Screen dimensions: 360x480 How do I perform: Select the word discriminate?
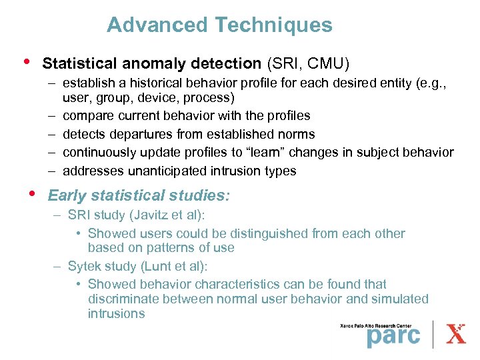pyautogui.click(x=121, y=299)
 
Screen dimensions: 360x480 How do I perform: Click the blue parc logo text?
pyautogui.click(x=393, y=335)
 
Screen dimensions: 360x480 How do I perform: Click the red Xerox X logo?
pyautogui.click(x=456, y=334)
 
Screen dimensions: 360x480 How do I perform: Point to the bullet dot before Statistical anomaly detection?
pyautogui.click(x=26, y=62)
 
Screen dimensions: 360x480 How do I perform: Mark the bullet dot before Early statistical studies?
pyautogui.click(x=32, y=194)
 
